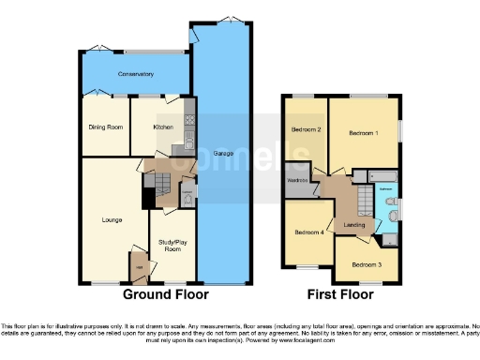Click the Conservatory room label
tap(136, 73)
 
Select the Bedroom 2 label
tap(307, 129)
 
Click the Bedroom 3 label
tap(367, 264)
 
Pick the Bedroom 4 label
tap(309, 232)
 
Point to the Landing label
tap(354, 224)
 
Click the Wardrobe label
tap(297, 180)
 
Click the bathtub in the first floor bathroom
tap(384, 177)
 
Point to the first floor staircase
tap(361, 200)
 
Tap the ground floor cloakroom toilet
tap(186, 198)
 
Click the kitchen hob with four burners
tap(188, 120)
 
